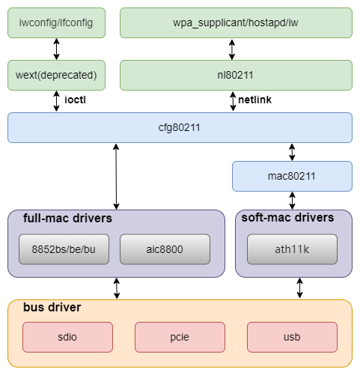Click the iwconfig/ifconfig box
[56, 22]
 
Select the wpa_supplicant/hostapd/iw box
[236, 22]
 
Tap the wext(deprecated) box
[56, 75]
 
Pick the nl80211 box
[236, 75]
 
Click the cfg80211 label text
[180, 128]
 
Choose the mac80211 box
[292, 177]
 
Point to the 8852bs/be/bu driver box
[64, 249]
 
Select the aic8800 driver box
[165, 249]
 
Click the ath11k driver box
[292, 249]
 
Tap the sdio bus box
[67, 337]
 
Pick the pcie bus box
[180, 337]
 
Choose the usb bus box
[292, 337]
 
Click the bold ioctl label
[75, 100]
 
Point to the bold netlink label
[254, 100]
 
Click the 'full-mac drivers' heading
[67, 218]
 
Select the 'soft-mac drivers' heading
[287, 217]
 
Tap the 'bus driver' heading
[52, 307]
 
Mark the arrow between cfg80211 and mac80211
[292, 152]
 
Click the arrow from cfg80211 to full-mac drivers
[116, 177]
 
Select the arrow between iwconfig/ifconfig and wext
[57, 49]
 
